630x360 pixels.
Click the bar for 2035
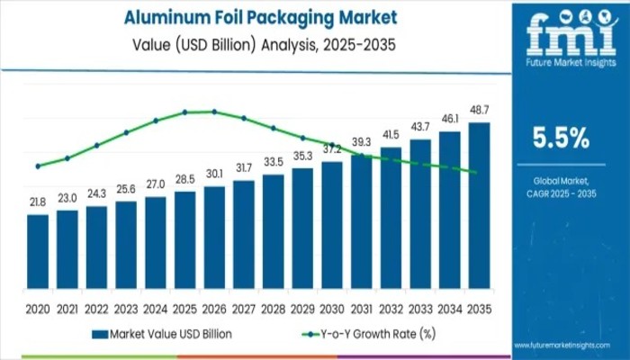(479, 206)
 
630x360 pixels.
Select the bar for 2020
(38, 252)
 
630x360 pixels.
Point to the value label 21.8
(38, 202)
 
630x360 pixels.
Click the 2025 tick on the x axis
(184, 307)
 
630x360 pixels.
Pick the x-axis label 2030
(332, 307)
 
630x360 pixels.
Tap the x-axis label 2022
(96, 307)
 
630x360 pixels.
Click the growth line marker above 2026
(214, 112)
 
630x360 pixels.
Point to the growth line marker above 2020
(38, 166)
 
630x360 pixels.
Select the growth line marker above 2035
(474, 172)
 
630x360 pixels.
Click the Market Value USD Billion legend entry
(161, 333)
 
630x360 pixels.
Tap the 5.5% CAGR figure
(561, 138)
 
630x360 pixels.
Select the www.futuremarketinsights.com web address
(570, 345)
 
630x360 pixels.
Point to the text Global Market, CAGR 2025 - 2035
(561, 186)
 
